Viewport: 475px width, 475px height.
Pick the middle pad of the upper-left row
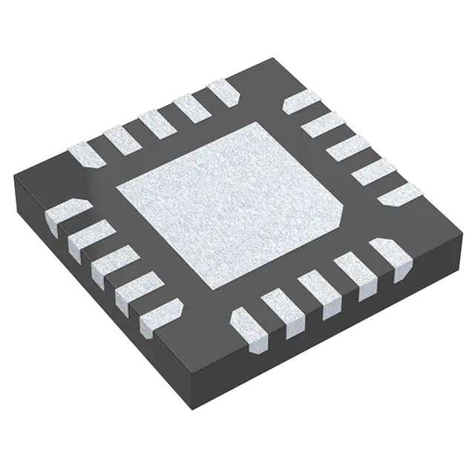pyautogui.click(x=157, y=123)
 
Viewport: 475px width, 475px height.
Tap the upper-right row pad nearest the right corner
pyautogui.click(x=399, y=194)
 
